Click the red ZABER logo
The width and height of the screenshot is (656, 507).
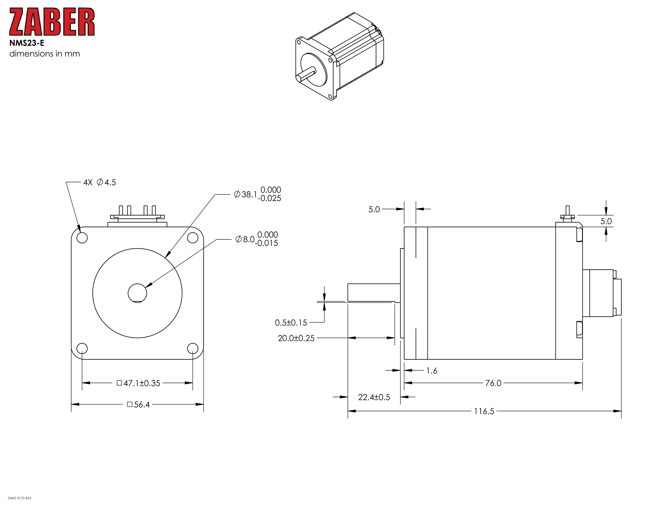click(x=52, y=22)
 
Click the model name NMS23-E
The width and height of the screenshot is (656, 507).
click(x=27, y=43)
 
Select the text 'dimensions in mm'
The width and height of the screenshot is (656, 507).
click(x=44, y=54)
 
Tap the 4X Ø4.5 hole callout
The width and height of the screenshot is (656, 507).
click(x=100, y=182)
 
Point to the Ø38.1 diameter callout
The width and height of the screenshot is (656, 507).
click(x=257, y=194)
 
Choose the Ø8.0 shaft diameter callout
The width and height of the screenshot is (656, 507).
click(x=256, y=239)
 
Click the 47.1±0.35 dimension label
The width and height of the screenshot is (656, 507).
click(x=138, y=383)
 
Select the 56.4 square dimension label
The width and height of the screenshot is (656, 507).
click(x=138, y=405)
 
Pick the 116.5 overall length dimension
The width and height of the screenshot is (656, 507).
click(x=484, y=411)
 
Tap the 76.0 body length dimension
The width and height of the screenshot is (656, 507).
click(x=493, y=383)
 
